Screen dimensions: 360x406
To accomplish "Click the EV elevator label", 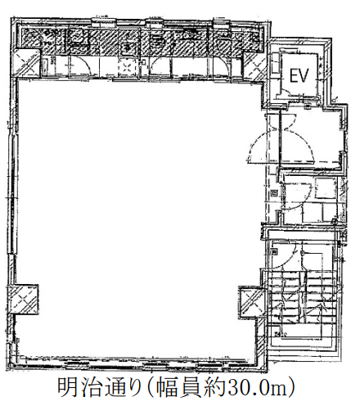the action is point(299,75).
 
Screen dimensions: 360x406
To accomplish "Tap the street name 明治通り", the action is point(99,387).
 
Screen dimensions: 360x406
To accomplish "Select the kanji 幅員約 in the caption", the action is point(191,387).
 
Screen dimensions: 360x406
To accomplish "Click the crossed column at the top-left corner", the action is point(27,63).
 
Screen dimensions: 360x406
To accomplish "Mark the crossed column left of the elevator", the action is point(254,65).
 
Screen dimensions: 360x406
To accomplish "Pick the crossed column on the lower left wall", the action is point(23,300).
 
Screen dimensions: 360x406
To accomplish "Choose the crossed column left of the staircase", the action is point(251,301).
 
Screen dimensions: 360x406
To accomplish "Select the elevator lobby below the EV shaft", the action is point(311,137).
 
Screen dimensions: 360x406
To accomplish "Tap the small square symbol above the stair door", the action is point(274,251).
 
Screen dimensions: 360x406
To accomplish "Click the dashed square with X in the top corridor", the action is point(126,66).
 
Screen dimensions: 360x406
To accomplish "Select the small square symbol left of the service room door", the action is point(273,193).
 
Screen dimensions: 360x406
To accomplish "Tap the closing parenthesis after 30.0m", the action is point(292,387).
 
